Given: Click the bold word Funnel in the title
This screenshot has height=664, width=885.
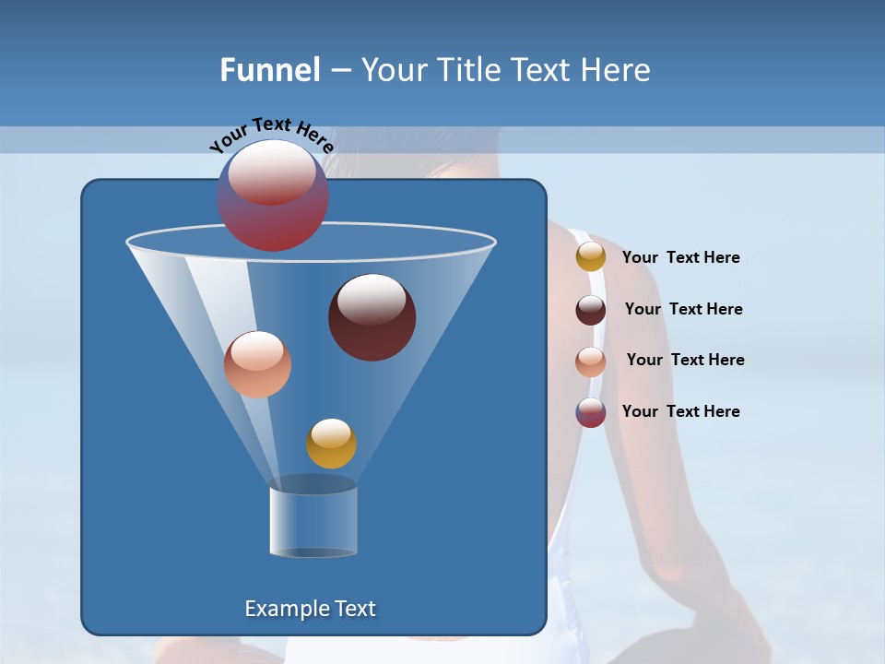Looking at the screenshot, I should (x=269, y=70).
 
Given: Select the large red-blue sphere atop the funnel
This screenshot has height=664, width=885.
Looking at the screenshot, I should (x=273, y=196).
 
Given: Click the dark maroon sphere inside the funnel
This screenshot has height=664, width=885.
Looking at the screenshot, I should (x=372, y=318).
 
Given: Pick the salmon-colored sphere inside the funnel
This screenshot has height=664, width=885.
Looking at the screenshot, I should (x=257, y=364).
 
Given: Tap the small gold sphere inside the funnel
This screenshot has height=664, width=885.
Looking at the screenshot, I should (x=331, y=444).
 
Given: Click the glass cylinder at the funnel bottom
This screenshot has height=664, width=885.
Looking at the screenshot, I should (x=313, y=521).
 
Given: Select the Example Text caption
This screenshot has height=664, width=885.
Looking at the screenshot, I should (x=310, y=609).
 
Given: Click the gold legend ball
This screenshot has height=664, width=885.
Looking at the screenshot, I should (x=591, y=257).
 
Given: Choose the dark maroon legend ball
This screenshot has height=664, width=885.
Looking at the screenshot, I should (x=591, y=310).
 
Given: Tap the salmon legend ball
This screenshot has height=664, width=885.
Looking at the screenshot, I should (x=591, y=362).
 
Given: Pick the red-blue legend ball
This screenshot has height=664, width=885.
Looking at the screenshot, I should (x=591, y=412).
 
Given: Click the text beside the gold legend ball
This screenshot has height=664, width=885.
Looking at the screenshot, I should (x=680, y=258).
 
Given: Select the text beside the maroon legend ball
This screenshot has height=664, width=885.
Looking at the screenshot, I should (x=683, y=310).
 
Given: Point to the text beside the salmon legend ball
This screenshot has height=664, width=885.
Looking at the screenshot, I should (x=685, y=361).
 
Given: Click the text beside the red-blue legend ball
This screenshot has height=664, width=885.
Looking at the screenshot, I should (x=680, y=412).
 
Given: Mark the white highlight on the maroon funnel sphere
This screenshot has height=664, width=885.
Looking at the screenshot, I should (x=372, y=300).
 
